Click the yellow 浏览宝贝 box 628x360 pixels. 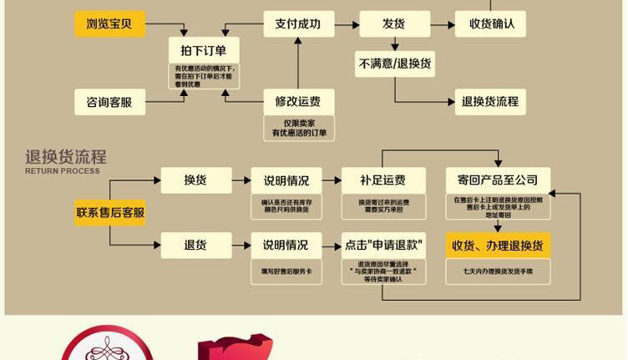(x=109, y=23)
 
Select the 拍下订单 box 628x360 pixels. (x=204, y=48)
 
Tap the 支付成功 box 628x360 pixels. (x=298, y=23)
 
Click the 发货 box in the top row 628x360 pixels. (x=393, y=23)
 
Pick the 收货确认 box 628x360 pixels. (x=490, y=23)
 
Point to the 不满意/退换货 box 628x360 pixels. (x=393, y=63)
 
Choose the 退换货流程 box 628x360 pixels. (x=490, y=102)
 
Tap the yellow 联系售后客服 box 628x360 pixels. (x=109, y=212)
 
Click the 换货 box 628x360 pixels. (x=195, y=180)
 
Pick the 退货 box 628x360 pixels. (x=195, y=245)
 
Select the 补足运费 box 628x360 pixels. (x=382, y=180)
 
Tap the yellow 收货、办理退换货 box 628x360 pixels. (x=498, y=245)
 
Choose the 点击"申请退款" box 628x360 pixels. (x=382, y=245)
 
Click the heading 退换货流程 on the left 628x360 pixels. (x=66, y=157)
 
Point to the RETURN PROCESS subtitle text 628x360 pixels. (x=62, y=171)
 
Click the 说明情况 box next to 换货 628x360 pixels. (x=286, y=180)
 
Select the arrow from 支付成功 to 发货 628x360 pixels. (x=345, y=23)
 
